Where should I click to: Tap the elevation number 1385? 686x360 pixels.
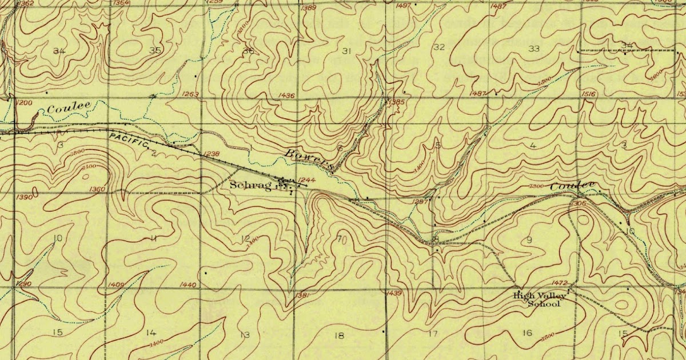[x=396, y=102]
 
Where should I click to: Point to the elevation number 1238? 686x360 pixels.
[x=211, y=154]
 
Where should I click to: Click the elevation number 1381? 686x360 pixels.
[x=304, y=295]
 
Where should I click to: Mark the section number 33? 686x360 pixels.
[x=534, y=49]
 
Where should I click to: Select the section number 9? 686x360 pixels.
[x=529, y=240]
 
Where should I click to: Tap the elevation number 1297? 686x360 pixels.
[x=420, y=201]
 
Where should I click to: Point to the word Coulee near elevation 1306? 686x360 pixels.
[x=572, y=186]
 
